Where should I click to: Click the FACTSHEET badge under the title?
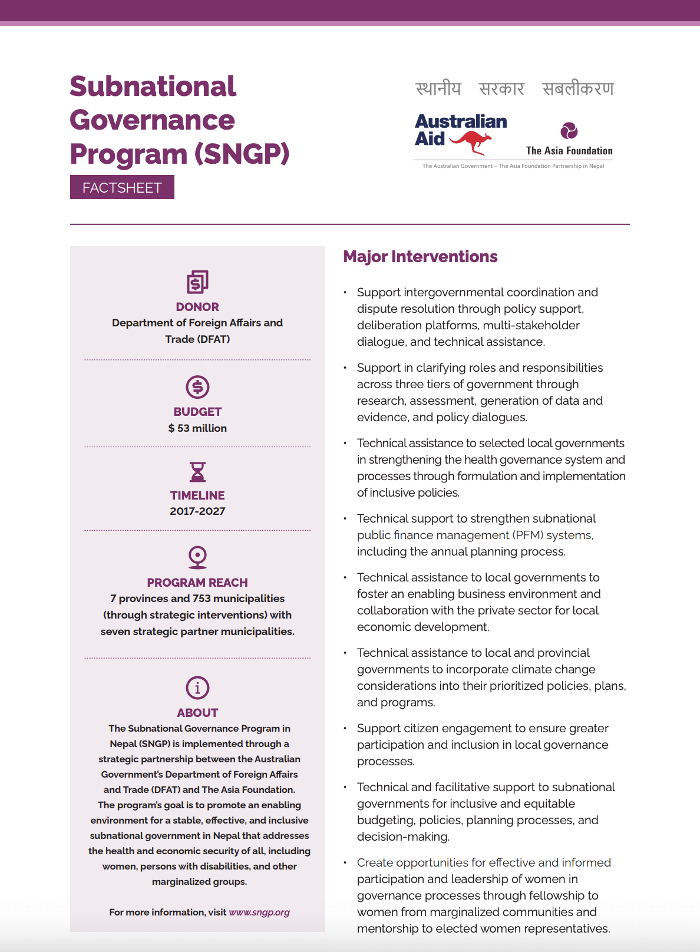122,187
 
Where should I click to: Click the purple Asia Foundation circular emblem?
569,130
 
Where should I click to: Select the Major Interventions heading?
420,257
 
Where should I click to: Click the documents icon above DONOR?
197,282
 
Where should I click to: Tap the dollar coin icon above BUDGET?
197,387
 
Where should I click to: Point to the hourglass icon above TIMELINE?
197,472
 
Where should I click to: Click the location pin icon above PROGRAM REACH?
197,557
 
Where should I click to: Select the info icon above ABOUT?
197,687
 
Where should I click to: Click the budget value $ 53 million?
197,428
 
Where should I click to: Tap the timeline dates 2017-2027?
197,511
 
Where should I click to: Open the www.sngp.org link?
259,912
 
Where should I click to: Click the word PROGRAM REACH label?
197,583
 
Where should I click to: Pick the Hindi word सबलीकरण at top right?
578,89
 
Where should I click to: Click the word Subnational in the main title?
153,87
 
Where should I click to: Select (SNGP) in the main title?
242,154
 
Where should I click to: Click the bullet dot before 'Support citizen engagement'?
345,729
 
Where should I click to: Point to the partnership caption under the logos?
513,166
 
